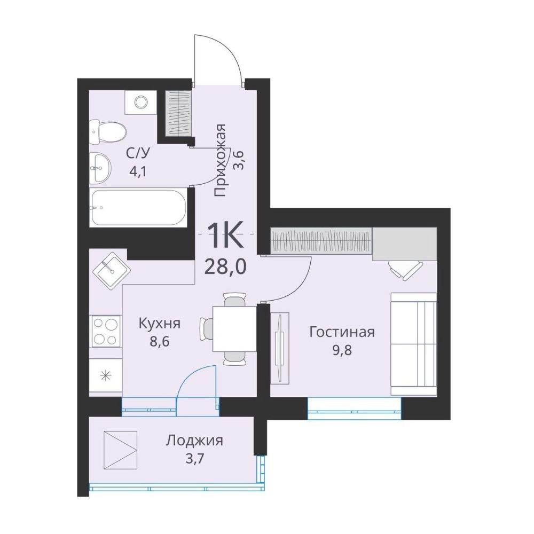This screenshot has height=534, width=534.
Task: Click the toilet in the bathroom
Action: coord(108,132)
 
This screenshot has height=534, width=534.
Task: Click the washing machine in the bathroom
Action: coord(140,102)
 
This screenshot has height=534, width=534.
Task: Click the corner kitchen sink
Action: coord(112,271)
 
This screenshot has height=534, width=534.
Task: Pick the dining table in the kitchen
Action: coord(234,328)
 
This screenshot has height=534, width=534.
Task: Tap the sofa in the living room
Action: coord(413,344)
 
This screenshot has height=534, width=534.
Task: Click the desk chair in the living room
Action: coord(405,269)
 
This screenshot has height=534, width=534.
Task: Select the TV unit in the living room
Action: coord(280,348)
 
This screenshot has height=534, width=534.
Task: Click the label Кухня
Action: coord(159,324)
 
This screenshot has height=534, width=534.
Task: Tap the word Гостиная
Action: coord(342,332)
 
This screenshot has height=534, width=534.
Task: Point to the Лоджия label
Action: coord(194,441)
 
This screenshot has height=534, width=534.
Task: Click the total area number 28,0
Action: coord(225,267)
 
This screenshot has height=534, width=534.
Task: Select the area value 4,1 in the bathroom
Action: coord(138,171)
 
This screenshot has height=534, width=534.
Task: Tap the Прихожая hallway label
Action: coord(221,160)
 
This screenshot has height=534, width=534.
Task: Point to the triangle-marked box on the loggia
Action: coord(120,450)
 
